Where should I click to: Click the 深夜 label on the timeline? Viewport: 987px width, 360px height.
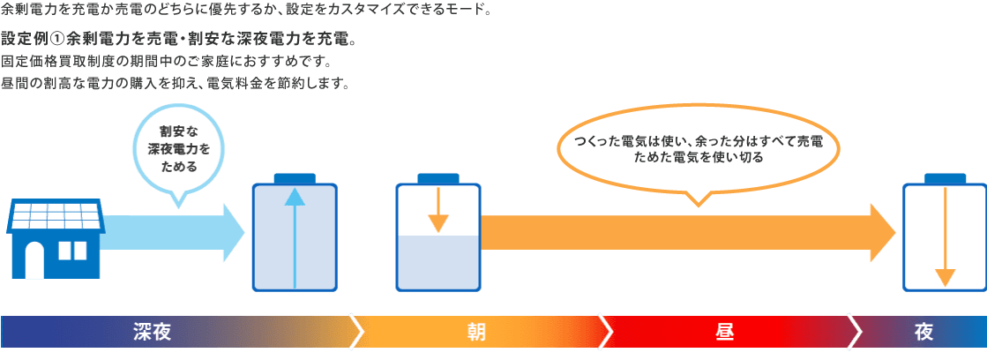(x=151, y=333)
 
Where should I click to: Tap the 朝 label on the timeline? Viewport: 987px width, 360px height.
(x=476, y=333)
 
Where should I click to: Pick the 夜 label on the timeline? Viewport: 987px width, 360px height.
(x=923, y=333)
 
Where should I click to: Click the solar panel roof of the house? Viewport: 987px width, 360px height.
(x=56, y=215)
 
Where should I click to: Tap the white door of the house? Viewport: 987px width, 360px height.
(x=34, y=259)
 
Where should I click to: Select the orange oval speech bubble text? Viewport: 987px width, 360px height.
(x=698, y=148)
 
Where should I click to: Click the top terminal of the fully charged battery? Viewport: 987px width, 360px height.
(x=295, y=177)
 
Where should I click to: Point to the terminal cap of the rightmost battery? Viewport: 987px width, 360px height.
(x=945, y=177)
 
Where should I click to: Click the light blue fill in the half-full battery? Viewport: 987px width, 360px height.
(x=437, y=262)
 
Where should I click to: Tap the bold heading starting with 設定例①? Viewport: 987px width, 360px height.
(x=179, y=41)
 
